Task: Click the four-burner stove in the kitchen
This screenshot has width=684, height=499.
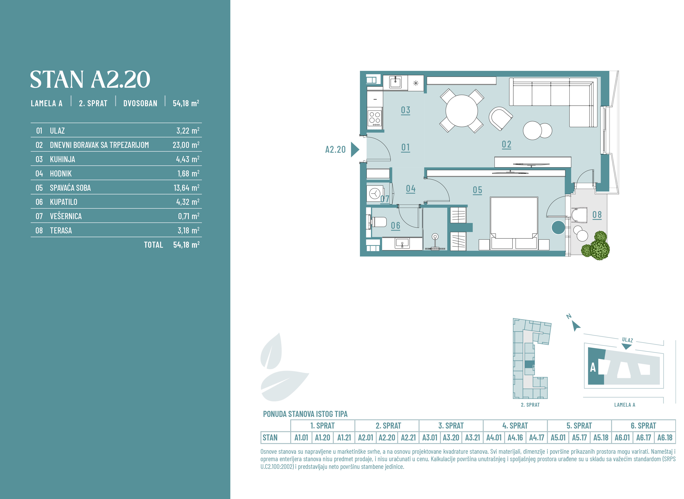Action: (375, 118)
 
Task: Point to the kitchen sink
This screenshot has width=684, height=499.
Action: (395, 82)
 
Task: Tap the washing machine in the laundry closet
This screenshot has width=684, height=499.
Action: (375, 193)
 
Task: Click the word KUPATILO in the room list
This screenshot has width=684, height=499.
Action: (63, 202)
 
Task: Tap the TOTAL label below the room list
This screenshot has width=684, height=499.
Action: (153, 245)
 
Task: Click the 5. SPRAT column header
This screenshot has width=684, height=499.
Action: (579, 426)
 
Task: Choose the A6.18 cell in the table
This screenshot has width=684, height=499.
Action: (665, 438)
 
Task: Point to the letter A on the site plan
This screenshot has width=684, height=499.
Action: (593, 368)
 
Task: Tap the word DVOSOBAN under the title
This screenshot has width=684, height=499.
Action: (140, 103)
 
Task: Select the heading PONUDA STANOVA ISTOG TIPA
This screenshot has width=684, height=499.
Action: (305, 414)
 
